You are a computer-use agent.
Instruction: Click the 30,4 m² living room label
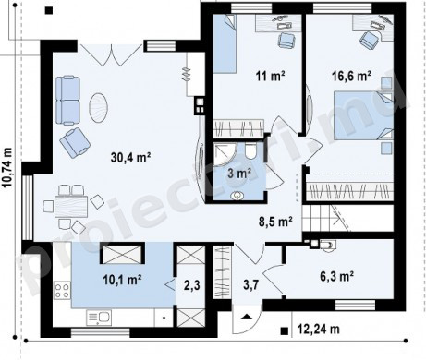click(130, 158)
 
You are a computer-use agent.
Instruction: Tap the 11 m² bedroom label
click(270, 76)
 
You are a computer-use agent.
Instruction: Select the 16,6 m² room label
click(351, 76)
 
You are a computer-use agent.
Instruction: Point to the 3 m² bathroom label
click(239, 174)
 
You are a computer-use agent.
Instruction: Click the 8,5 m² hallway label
click(275, 222)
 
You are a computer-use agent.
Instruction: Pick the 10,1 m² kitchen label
click(122, 280)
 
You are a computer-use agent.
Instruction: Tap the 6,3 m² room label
click(336, 277)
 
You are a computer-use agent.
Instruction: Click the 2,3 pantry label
click(191, 285)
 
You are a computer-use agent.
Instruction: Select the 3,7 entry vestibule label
click(251, 285)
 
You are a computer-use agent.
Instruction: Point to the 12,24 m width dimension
click(319, 330)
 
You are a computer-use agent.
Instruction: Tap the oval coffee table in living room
click(99, 108)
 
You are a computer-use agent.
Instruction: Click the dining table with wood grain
click(71, 207)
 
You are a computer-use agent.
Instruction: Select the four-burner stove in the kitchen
click(62, 291)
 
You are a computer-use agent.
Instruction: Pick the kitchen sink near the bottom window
click(99, 318)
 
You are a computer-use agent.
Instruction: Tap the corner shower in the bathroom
click(225, 154)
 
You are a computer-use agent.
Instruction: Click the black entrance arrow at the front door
click(247, 317)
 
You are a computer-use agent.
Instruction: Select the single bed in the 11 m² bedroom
click(225, 44)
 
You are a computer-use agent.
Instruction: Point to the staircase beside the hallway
click(325, 218)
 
